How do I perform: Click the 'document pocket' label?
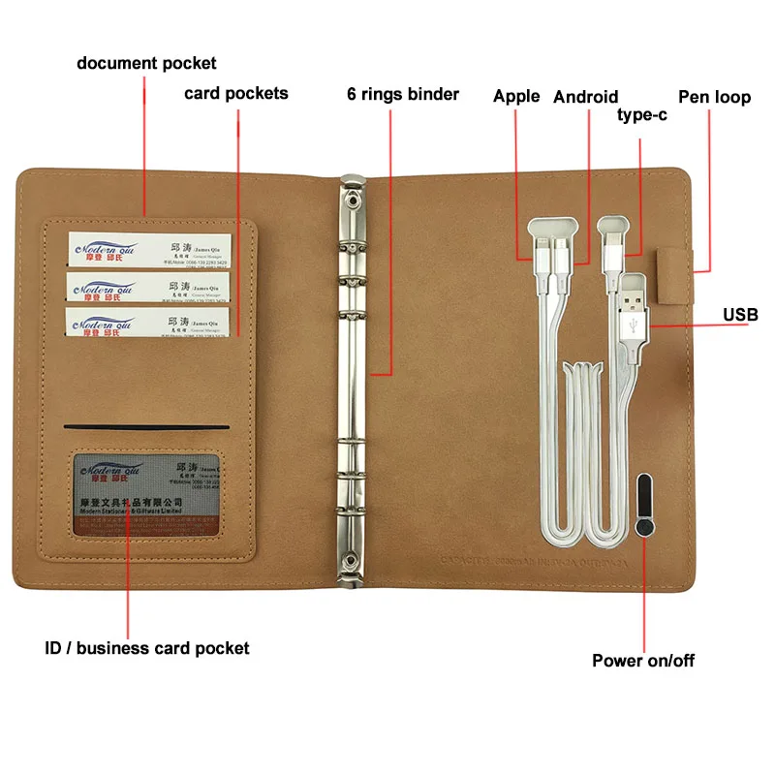[147, 64]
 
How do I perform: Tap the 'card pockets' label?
[236, 94]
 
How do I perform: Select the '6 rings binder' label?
[403, 95]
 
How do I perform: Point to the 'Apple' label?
[516, 96]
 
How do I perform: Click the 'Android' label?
[585, 96]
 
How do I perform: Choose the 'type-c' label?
[642, 116]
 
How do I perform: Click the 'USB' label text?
[740, 315]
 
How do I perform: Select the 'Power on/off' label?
[643, 661]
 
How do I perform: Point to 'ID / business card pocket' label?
[146, 648]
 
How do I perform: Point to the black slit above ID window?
[146, 427]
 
